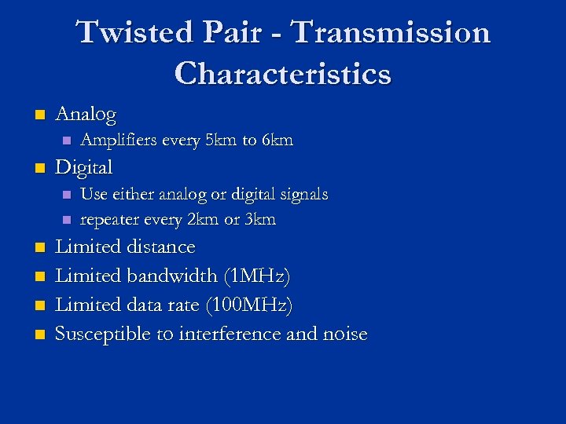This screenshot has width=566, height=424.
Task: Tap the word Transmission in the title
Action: click(391, 34)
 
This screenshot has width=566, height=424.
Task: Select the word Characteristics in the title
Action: click(283, 74)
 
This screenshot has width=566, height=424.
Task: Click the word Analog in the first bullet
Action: click(86, 115)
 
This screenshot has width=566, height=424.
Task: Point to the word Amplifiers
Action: click(119, 141)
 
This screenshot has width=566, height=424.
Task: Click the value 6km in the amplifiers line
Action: click(277, 141)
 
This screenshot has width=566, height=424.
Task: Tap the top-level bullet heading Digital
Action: click(84, 167)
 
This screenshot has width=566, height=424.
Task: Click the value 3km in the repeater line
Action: click(260, 220)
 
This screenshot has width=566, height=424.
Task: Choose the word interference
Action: click(230, 334)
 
